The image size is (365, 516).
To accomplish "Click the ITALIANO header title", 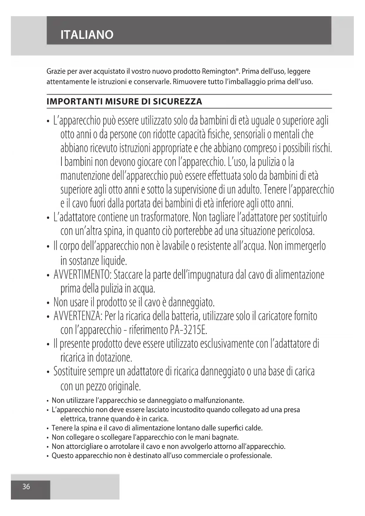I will (x=87, y=35).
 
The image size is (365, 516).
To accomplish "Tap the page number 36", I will (x=26, y=487).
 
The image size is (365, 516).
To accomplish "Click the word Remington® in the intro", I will (x=220, y=71).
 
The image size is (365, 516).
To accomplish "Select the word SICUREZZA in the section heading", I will (x=178, y=102).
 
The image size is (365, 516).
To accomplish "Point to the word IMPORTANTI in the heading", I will (x=75, y=102).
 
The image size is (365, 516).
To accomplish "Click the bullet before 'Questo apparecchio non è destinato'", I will (x=48, y=456).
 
